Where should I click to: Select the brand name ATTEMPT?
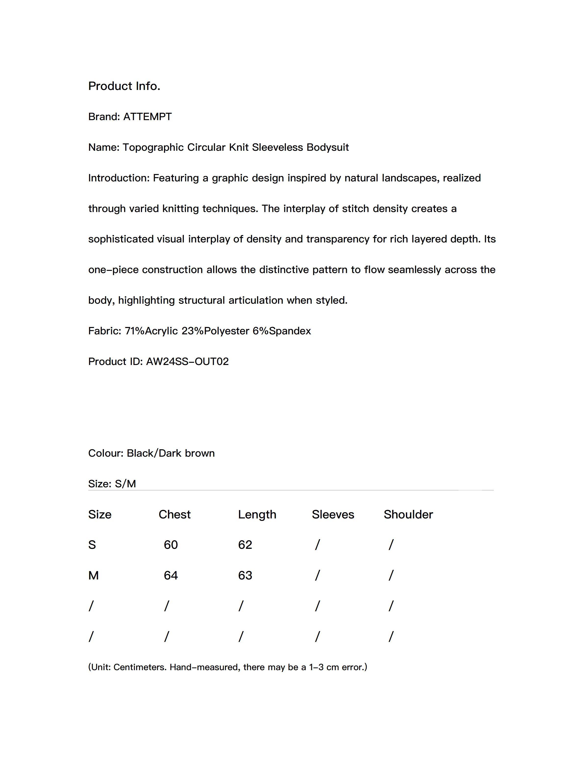coord(147,117)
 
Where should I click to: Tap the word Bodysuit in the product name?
coord(327,147)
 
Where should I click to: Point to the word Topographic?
coord(153,147)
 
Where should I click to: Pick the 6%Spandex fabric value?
coord(282,331)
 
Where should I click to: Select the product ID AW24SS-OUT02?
coord(187,362)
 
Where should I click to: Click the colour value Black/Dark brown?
coord(171,453)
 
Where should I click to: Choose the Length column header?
coord(257,514)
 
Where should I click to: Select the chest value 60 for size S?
coord(171,545)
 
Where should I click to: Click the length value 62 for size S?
coord(245,545)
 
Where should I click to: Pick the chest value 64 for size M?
coord(171,575)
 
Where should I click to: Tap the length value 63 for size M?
coord(245,575)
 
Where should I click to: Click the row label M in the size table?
coord(93,575)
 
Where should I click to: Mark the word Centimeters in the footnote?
coord(140,667)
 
